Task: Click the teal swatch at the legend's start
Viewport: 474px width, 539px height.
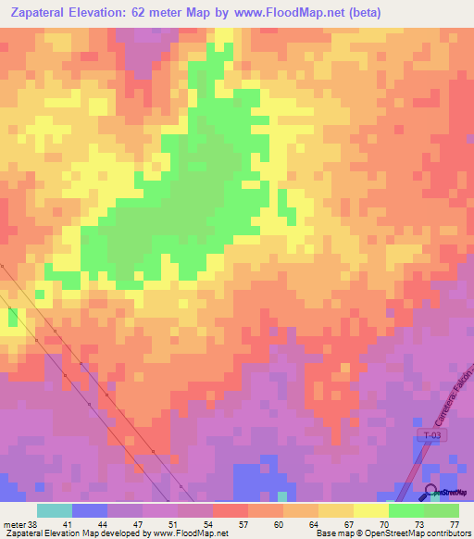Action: (x=55, y=510)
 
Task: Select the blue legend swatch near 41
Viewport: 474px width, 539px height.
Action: (x=90, y=510)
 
